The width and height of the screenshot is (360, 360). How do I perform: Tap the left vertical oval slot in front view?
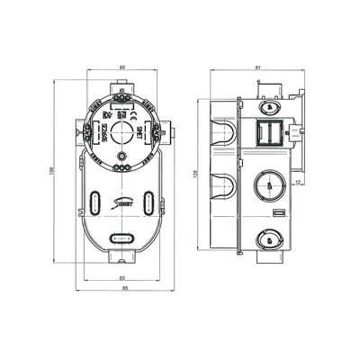pyautogui.click(x=97, y=203)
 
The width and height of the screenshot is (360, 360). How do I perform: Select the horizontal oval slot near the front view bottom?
pyautogui.click(x=122, y=238)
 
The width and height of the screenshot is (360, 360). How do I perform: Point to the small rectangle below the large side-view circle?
pyautogui.click(x=278, y=211)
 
